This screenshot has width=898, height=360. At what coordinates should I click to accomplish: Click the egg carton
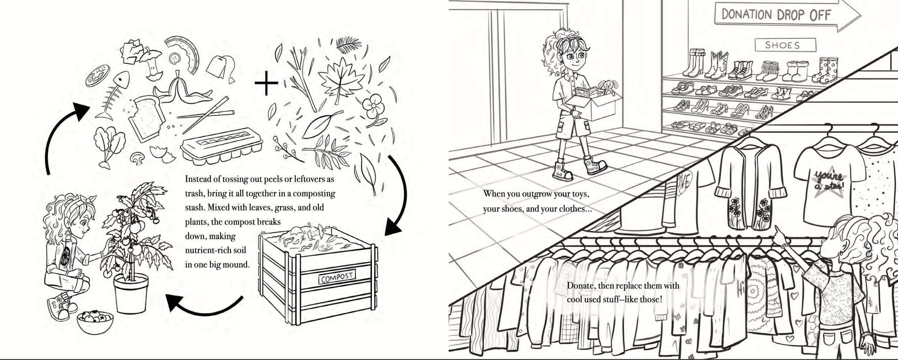221,144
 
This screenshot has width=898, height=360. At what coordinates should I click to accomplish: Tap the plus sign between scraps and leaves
266,83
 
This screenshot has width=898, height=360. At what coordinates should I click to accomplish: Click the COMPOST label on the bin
337,277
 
